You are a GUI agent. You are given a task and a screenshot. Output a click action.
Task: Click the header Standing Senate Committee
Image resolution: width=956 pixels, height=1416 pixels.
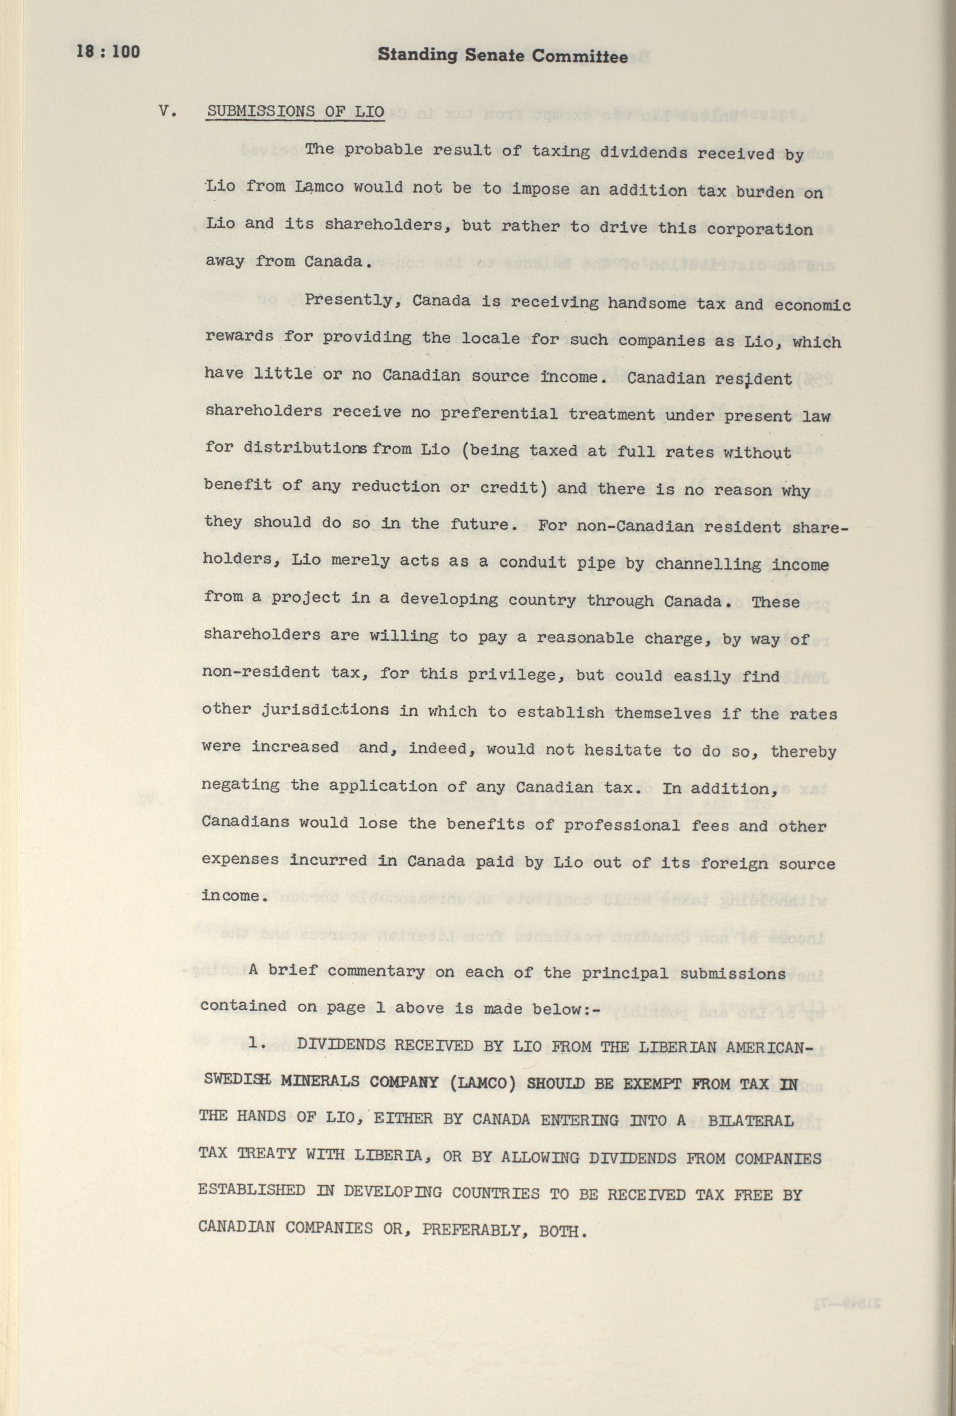click(502, 57)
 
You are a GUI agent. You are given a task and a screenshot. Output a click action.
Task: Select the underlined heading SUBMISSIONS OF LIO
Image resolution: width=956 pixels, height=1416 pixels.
click(296, 112)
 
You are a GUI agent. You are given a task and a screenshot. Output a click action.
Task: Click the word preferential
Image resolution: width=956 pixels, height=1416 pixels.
click(499, 414)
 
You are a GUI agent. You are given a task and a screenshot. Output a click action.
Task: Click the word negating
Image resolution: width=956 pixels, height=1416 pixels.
click(241, 785)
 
